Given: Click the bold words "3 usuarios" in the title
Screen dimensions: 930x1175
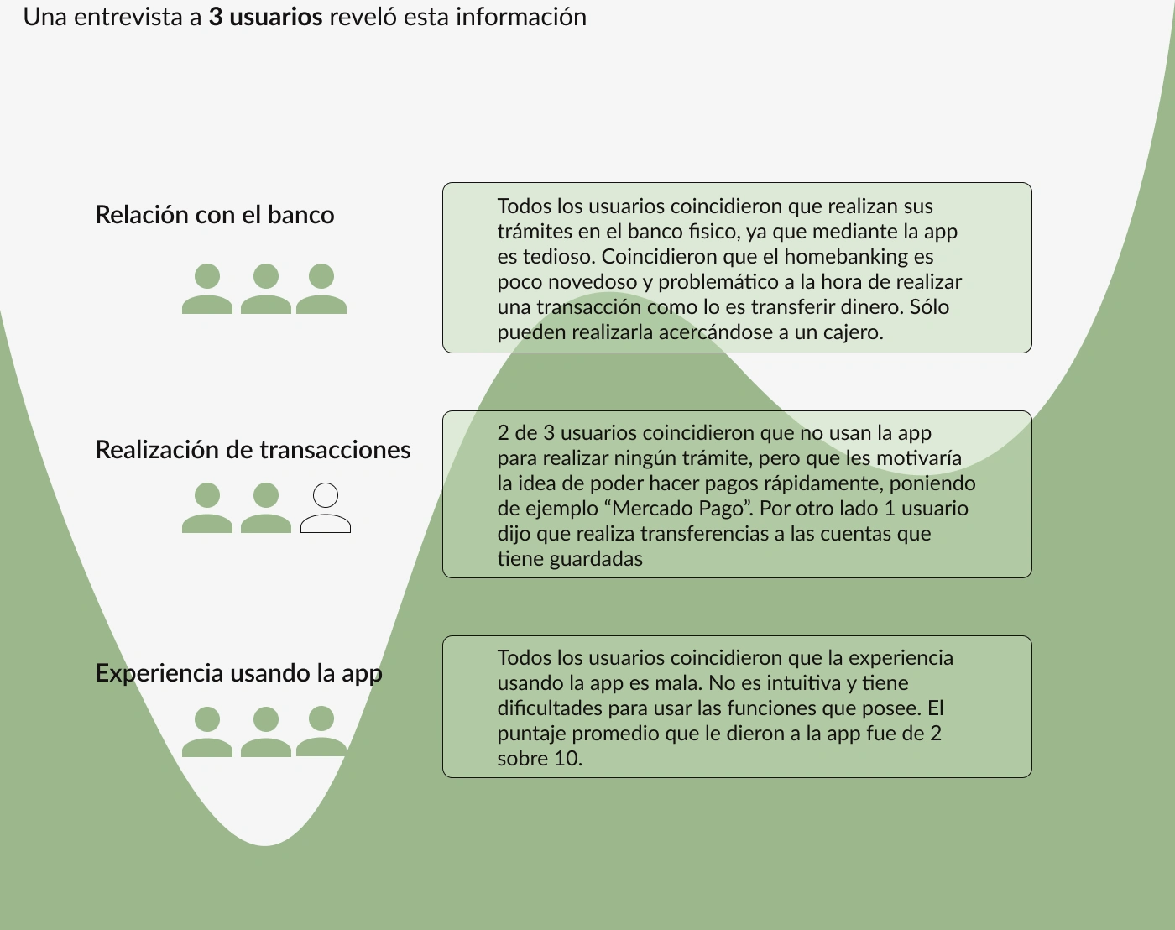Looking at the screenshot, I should (x=265, y=17).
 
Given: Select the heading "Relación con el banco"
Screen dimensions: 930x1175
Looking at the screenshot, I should (x=215, y=215).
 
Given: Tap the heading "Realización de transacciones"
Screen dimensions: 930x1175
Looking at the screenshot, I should (x=253, y=450).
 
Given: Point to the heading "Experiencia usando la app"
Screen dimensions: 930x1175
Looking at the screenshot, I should (x=238, y=673).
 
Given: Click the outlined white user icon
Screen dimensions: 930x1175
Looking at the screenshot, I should (x=326, y=509).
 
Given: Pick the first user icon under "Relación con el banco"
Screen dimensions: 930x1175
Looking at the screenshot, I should (x=207, y=290).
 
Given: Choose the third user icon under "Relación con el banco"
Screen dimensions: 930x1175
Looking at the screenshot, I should (x=321, y=290).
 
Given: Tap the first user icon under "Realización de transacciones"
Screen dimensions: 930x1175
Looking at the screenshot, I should (x=207, y=509).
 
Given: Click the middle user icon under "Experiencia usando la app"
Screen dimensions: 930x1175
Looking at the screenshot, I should (x=266, y=732).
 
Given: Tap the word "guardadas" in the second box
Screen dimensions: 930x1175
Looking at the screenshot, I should (x=595, y=559).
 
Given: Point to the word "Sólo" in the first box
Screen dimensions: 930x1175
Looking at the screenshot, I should (x=929, y=307).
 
